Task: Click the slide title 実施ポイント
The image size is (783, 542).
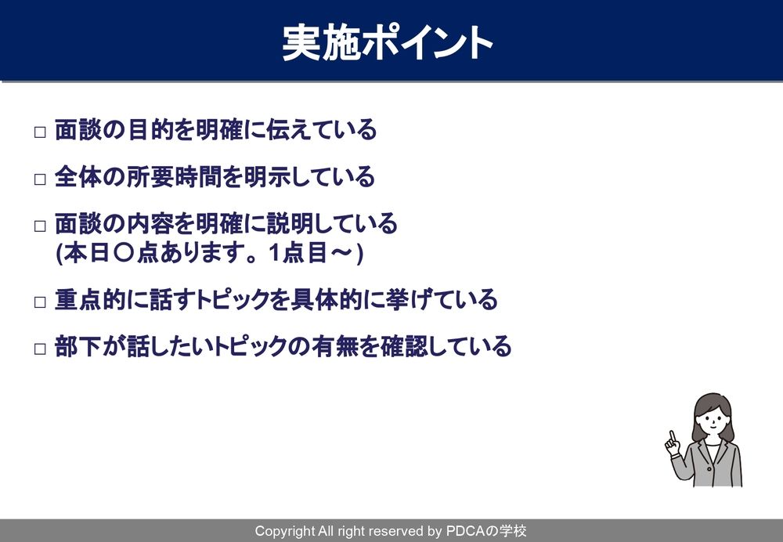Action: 388,43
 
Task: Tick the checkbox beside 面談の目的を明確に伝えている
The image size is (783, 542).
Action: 40,132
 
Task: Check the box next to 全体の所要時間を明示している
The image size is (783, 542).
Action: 40,179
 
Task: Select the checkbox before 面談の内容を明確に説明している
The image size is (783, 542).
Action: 40,226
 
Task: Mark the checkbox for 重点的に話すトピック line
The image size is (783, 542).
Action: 40,302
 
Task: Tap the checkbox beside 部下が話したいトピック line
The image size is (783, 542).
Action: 40,349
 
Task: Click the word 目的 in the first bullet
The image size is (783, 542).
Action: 150,130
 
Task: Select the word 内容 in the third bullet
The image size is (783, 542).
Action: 150,224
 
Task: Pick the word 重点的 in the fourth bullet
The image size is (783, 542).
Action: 90,300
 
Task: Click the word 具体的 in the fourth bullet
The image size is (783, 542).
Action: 326,300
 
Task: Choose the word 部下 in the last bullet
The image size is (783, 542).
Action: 78,346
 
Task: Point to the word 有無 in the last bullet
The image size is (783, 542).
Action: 335,346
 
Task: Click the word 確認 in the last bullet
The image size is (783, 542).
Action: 405,346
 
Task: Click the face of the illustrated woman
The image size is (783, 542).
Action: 713,417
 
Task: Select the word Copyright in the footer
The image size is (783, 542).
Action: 285,532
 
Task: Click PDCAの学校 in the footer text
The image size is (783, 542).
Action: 485,531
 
